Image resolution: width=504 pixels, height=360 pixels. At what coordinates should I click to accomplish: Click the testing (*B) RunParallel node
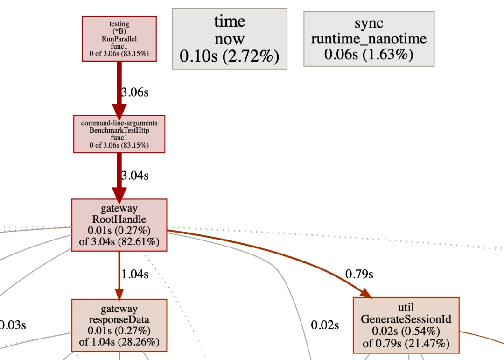click(x=119, y=39)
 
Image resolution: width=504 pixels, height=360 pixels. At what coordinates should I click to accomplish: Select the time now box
click(x=230, y=39)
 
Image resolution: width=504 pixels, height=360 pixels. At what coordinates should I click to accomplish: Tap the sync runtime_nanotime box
click(x=369, y=39)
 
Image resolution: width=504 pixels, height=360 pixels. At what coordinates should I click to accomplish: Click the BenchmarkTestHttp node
click(x=119, y=134)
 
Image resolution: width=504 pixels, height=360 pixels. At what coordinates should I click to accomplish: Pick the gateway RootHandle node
click(x=119, y=225)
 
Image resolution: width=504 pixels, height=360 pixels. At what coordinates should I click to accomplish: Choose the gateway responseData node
click(x=119, y=325)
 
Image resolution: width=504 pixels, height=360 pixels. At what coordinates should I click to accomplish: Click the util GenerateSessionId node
click(x=406, y=325)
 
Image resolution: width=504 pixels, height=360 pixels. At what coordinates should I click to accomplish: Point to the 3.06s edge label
click(x=135, y=92)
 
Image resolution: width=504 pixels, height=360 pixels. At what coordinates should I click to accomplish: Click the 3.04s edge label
click(x=135, y=176)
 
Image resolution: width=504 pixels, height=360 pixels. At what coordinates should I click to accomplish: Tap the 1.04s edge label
click(x=135, y=274)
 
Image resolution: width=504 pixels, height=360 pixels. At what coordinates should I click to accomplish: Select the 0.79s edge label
click(x=359, y=274)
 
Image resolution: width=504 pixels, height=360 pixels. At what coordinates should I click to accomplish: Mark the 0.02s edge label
click(x=325, y=325)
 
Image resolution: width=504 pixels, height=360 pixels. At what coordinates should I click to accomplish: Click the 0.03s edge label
click(x=12, y=325)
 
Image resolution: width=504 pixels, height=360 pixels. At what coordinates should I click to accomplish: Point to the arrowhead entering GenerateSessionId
click(x=366, y=293)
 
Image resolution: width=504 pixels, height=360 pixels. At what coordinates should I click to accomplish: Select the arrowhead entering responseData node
click(x=119, y=294)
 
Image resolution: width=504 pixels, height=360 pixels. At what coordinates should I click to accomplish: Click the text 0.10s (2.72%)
click(x=230, y=56)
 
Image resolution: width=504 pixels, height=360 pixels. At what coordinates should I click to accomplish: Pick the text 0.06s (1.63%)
click(x=369, y=54)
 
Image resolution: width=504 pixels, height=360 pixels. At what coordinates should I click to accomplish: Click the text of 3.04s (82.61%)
click(x=119, y=241)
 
